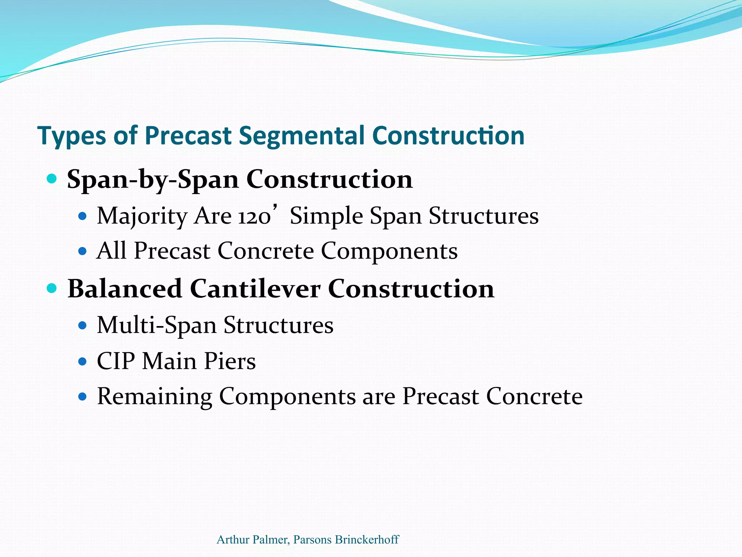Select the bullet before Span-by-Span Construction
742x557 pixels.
click(52, 178)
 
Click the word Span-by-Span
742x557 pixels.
click(153, 180)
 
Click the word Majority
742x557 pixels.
click(142, 216)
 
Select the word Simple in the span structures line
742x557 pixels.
click(326, 216)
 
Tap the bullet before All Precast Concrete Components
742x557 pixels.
click(83, 251)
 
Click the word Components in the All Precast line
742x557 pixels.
click(389, 251)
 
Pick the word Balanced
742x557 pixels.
click(125, 289)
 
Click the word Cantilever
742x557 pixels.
click(255, 289)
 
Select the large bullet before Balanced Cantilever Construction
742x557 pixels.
click(52, 288)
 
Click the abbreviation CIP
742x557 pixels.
click(116, 361)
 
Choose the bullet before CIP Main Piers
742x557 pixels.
click(83, 361)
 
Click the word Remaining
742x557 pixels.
click(154, 397)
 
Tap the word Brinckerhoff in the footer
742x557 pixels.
click(367, 540)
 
